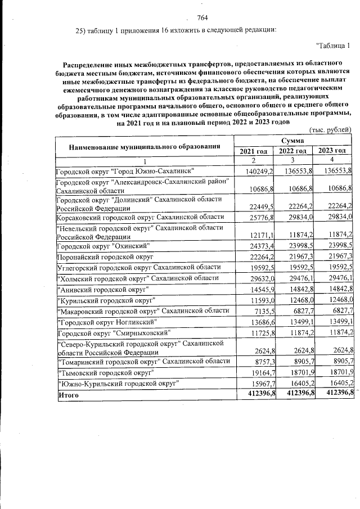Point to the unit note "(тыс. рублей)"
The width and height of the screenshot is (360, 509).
point(331,130)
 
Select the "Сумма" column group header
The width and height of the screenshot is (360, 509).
point(292,139)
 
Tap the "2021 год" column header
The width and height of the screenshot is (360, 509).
point(254,151)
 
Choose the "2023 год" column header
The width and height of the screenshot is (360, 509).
point(332,151)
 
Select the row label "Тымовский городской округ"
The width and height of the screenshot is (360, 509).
point(103,372)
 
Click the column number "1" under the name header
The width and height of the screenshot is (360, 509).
point(144,161)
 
